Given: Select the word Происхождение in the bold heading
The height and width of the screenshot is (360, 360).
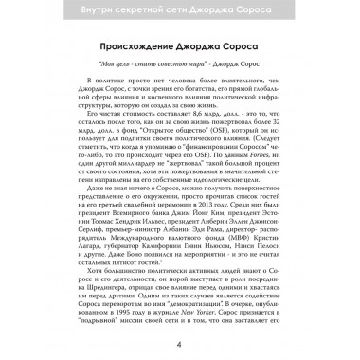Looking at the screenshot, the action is click(139, 49).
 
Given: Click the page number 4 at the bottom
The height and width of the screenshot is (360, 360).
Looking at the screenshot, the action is click(180, 343).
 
